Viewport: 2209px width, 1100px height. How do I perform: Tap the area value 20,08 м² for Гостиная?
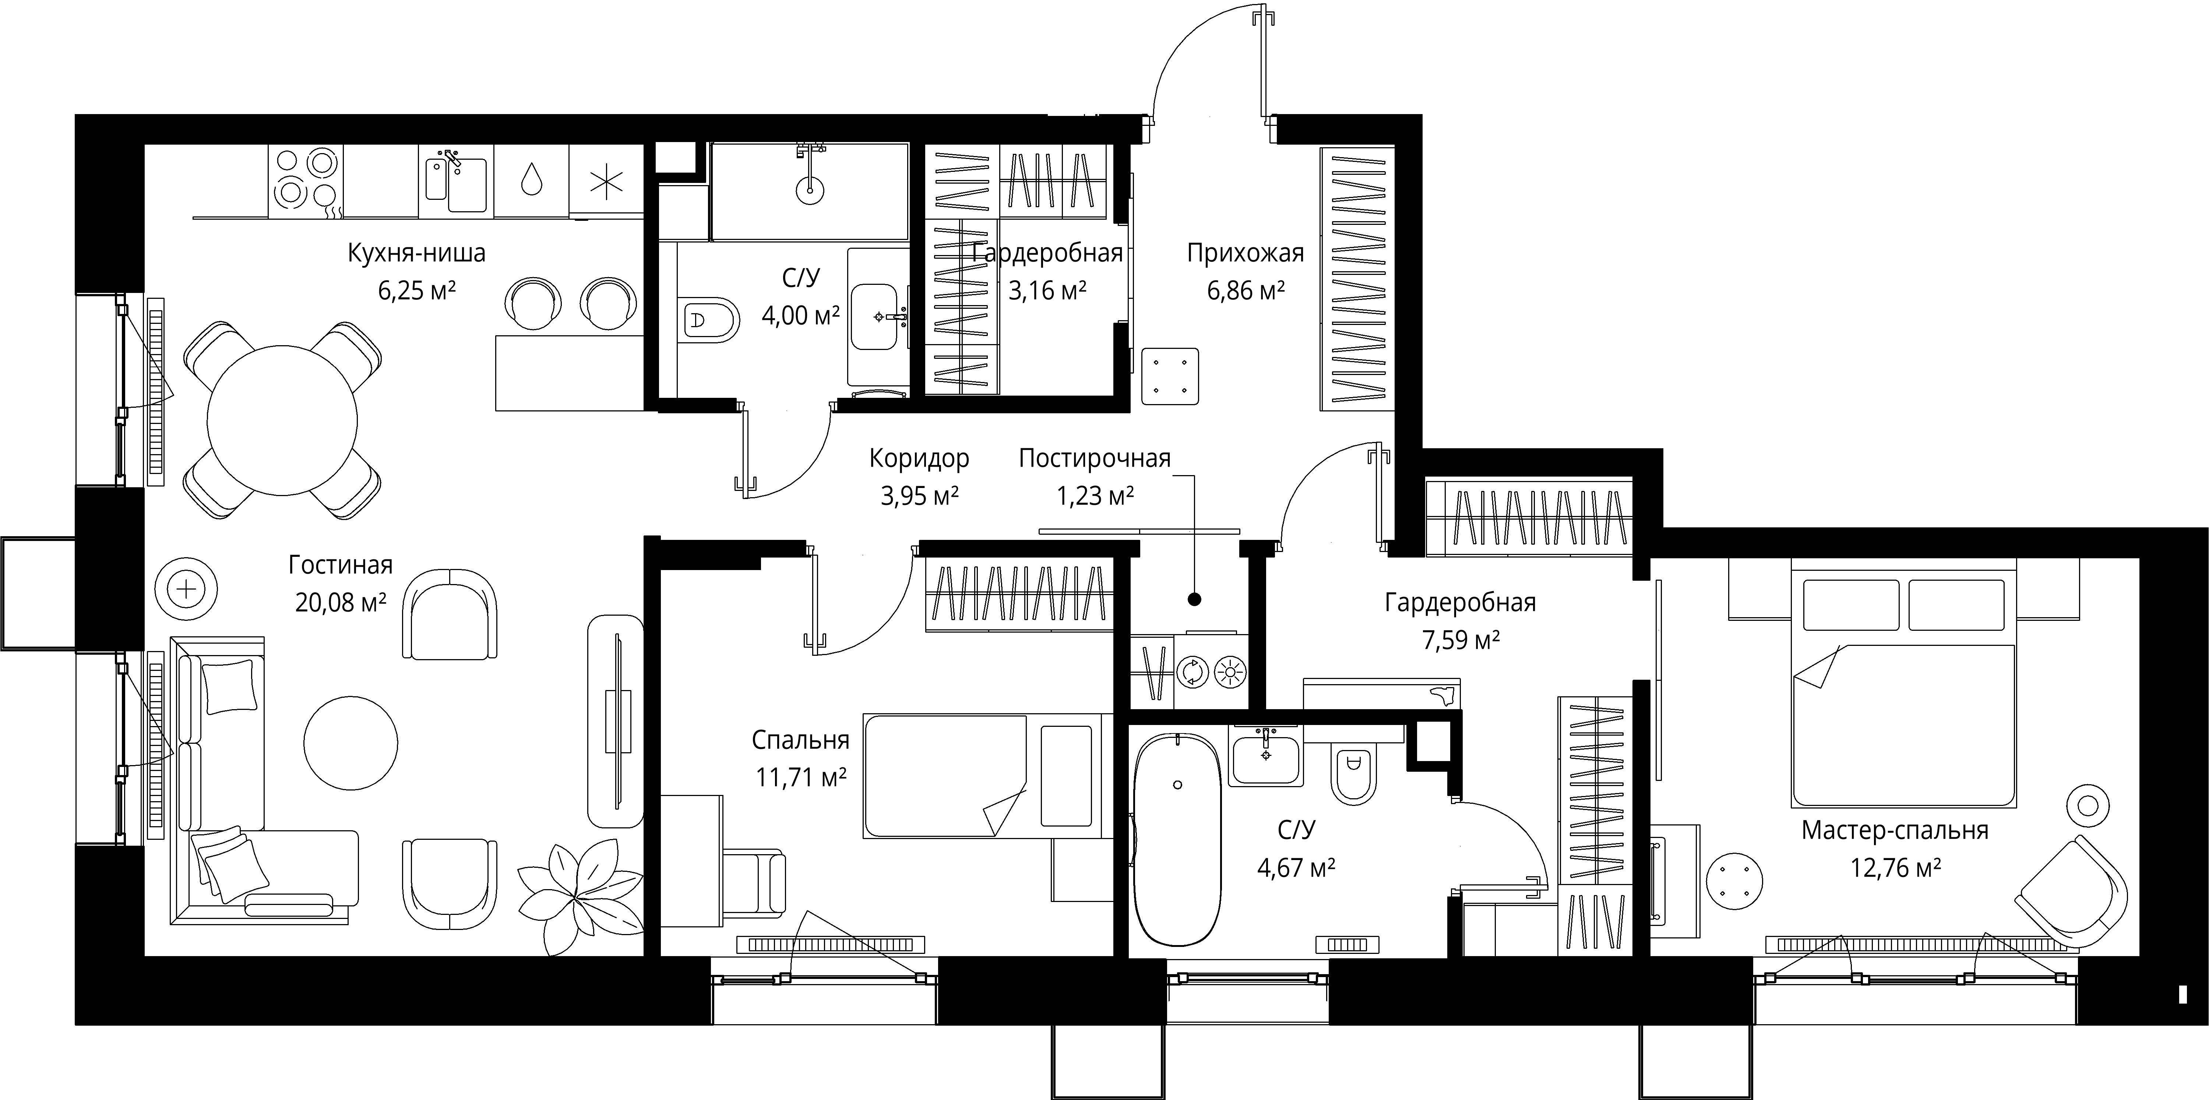[341, 603]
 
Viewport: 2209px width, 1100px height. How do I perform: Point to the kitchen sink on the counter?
[456, 183]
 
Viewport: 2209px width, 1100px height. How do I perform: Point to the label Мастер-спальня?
[1895, 831]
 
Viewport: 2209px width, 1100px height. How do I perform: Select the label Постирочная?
[1094, 459]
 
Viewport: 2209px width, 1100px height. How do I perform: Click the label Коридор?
[919, 459]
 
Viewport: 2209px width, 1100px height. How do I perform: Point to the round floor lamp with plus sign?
[186, 589]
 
